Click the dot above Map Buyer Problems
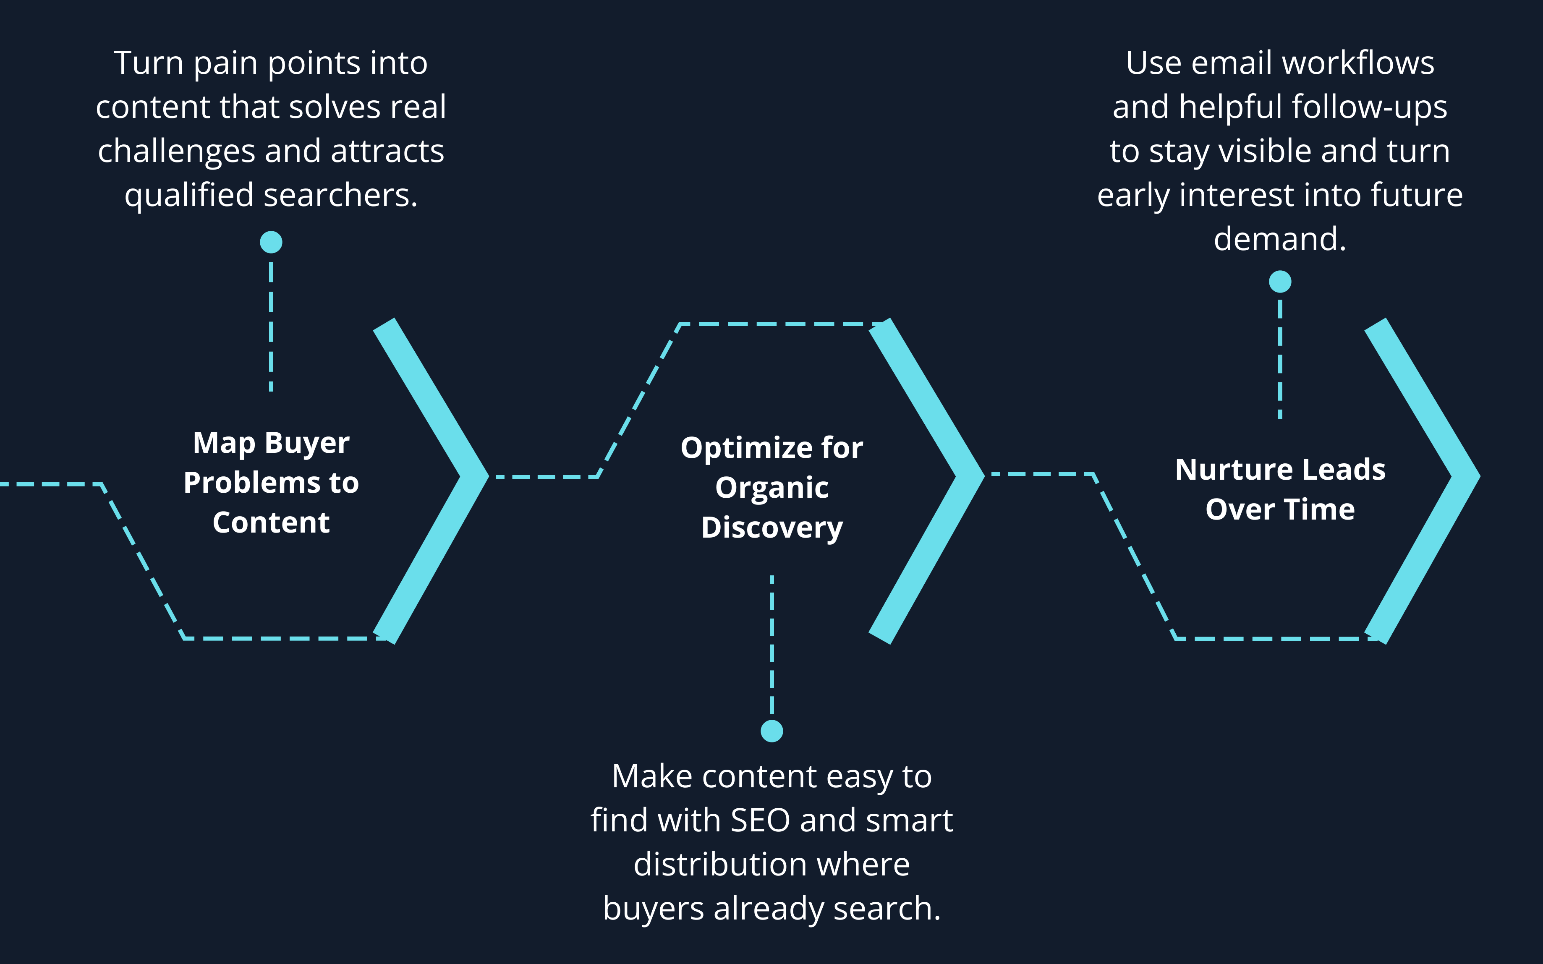tap(271, 242)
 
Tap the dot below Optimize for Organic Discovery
tap(771, 731)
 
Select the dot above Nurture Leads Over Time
tap(1280, 281)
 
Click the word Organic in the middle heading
tap(771, 488)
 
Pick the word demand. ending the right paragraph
tap(1280, 239)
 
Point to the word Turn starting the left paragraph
tap(149, 63)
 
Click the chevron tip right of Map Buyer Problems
tap(475, 476)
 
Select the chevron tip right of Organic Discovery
tap(970, 475)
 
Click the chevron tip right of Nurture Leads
tap(1467, 476)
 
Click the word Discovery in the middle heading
tap(771, 528)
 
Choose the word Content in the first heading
tap(271, 523)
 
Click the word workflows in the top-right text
tap(1357, 63)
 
